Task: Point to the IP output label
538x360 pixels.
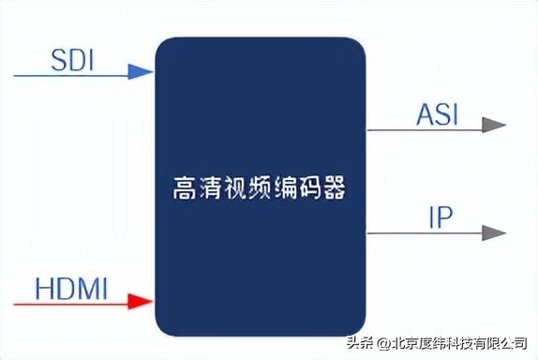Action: [440, 219]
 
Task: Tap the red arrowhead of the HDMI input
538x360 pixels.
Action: [142, 301]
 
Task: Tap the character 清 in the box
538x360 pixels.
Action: [209, 188]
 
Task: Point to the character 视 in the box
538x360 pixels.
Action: [234, 188]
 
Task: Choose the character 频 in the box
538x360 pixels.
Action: [260, 188]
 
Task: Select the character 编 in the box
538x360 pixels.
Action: [285, 188]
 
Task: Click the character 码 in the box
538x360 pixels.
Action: [310, 188]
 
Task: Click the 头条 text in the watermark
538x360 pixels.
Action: [360, 341]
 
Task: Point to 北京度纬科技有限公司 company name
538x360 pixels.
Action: [458, 341]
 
